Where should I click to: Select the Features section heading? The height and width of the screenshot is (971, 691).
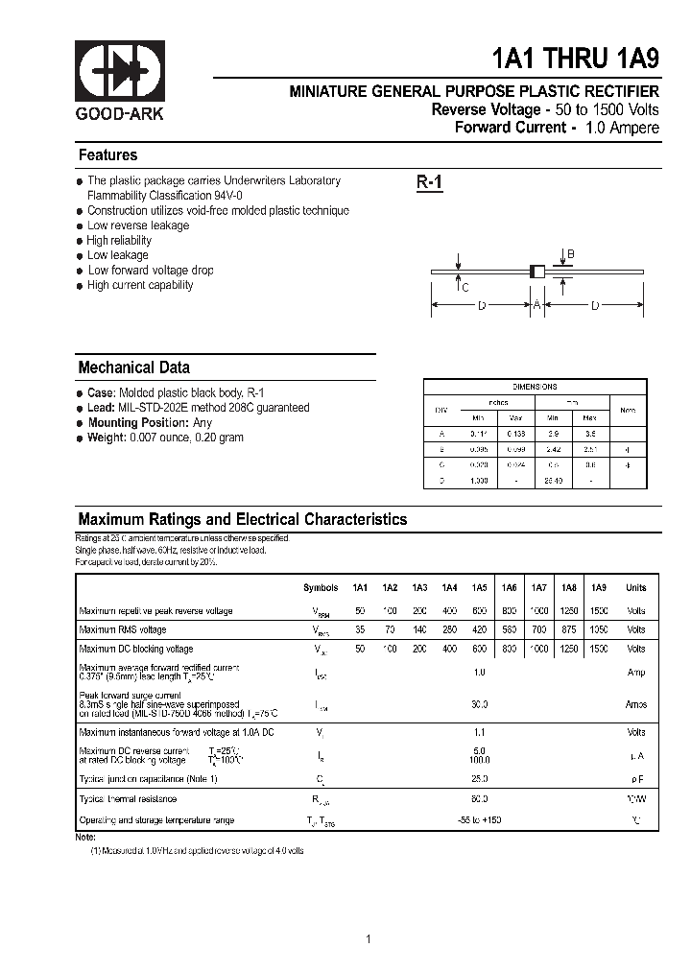click(107, 155)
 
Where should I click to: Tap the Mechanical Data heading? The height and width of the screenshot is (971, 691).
click(133, 367)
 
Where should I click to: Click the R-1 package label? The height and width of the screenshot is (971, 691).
click(429, 183)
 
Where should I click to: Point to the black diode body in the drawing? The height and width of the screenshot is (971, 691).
click(538, 272)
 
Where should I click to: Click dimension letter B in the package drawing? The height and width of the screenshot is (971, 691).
click(570, 254)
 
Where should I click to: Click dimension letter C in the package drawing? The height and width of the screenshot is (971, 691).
click(465, 287)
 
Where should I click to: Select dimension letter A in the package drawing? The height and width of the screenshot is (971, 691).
click(538, 305)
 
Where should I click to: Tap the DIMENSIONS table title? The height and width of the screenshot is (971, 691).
click(535, 387)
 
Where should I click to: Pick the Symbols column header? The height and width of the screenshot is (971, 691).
click(321, 588)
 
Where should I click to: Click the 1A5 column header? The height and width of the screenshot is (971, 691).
click(479, 588)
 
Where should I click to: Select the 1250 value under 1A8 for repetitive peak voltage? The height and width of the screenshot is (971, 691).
click(569, 611)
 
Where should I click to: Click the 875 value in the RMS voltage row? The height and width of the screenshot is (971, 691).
click(569, 630)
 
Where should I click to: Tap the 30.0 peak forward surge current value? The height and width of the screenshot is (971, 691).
click(479, 704)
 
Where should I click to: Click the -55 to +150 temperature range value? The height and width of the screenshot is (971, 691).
click(479, 820)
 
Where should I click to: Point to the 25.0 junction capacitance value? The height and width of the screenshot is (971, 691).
click(479, 778)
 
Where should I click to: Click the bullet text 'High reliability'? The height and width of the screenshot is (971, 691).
click(119, 241)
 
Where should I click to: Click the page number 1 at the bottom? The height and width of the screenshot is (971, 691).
click(369, 938)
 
